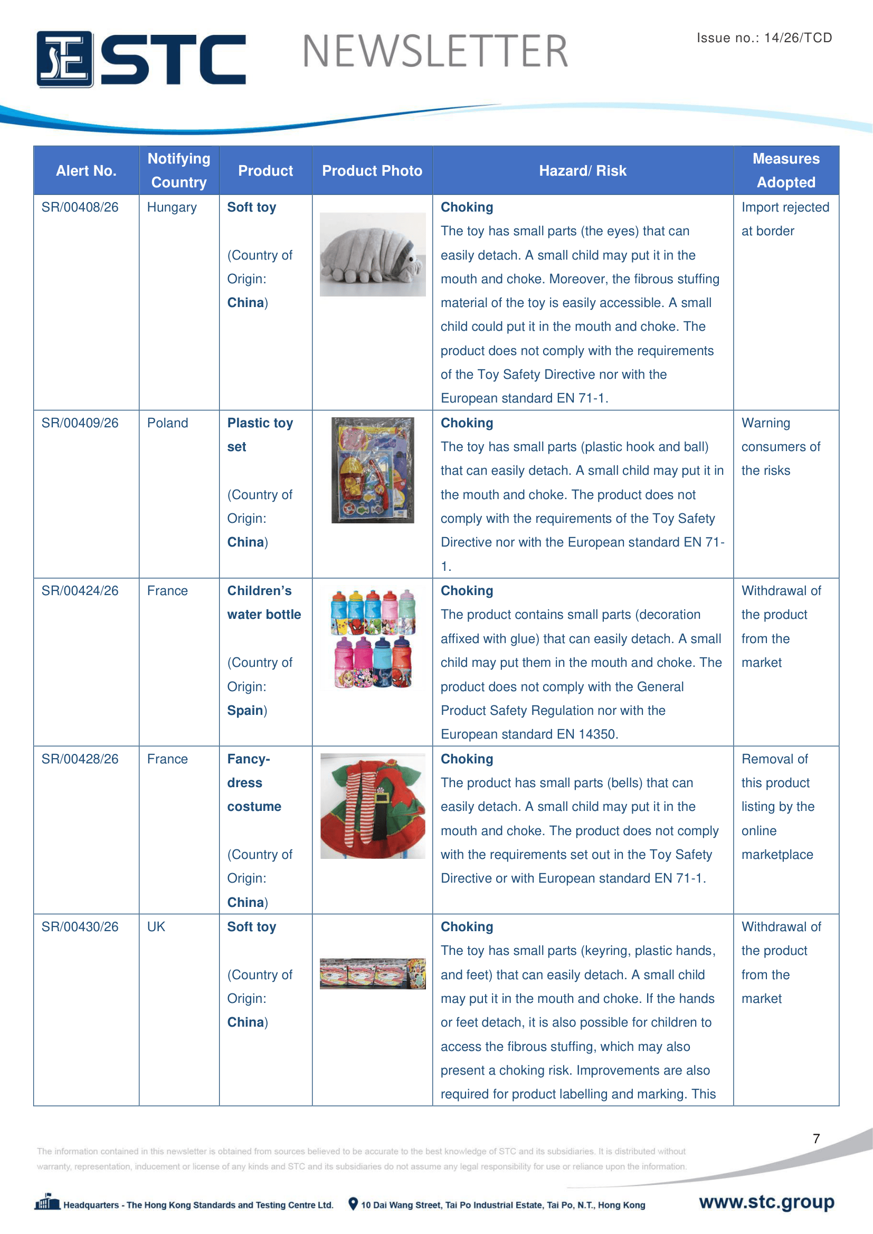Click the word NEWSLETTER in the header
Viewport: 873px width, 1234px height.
435,52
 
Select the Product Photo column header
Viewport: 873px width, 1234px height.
372,171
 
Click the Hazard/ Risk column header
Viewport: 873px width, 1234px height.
582,171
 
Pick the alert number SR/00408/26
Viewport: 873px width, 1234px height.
80,207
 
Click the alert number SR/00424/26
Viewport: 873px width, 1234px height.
80,591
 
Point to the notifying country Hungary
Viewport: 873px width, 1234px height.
172,207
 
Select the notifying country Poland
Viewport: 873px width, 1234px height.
167,423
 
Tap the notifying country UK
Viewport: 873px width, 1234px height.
156,926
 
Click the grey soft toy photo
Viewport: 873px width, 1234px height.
372,254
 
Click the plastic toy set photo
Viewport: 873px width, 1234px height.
372,470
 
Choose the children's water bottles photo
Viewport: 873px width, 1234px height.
372,639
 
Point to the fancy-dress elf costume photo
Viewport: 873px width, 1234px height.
372,806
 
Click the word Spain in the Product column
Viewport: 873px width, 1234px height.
245,711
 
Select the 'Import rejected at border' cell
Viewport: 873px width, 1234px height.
785,219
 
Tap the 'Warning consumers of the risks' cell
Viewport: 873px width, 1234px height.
781,447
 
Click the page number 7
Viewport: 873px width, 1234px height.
816,1139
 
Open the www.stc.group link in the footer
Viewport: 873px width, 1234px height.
766,1202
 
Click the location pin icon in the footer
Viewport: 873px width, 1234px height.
353,1204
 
